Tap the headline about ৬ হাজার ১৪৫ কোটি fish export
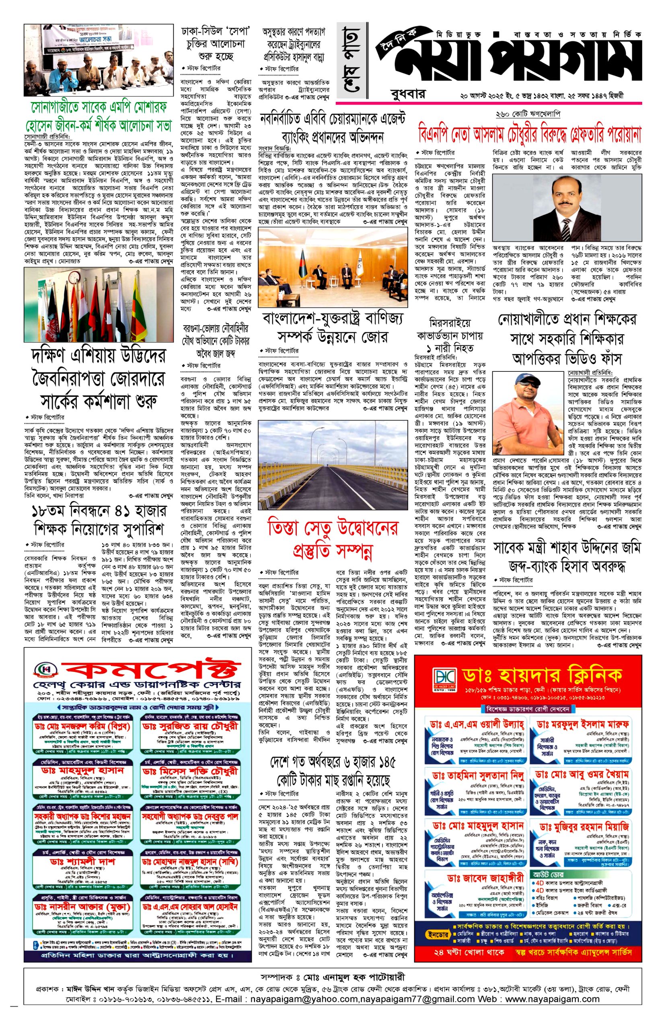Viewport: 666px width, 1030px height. (333, 770)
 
